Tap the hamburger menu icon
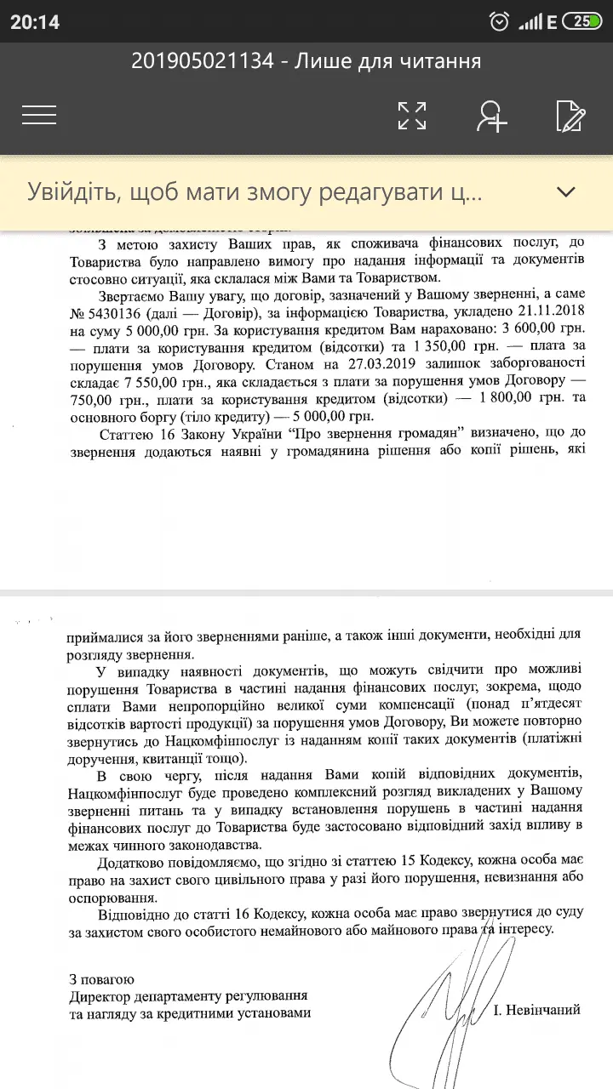[x=39, y=115]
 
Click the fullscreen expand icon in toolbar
[x=412, y=116]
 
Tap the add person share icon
[x=491, y=116]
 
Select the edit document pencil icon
[x=570, y=116]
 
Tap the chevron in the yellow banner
[x=565, y=191]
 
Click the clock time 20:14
[x=35, y=22]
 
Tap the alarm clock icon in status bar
[x=500, y=22]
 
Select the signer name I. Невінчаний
[x=537, y=1010]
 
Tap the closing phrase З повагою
[x=102, y=979]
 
